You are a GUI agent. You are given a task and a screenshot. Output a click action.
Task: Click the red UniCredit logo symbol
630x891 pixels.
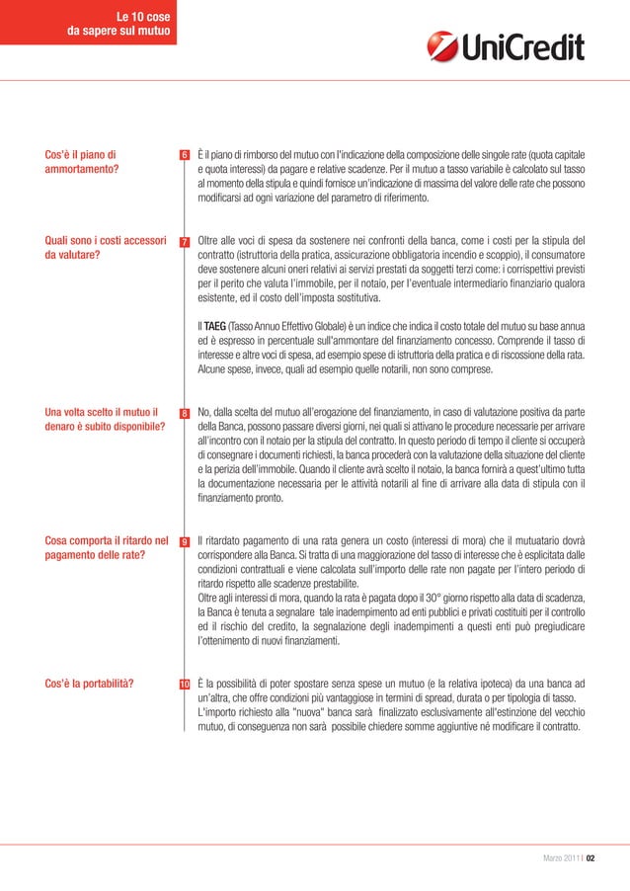point(441,46)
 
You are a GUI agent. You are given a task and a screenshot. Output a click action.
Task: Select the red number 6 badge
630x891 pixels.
point(184,155)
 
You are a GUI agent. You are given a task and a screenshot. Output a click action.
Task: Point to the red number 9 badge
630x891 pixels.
point(184,542)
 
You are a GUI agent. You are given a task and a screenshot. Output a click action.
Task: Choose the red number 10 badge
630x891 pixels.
point(184,685)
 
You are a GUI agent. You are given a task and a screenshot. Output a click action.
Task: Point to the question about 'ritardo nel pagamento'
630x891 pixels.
point(103,547)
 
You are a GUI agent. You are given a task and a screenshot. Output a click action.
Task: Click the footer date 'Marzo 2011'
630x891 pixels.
point(559,857)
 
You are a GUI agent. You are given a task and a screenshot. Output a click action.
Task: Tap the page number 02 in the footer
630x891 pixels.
point(590,857)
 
